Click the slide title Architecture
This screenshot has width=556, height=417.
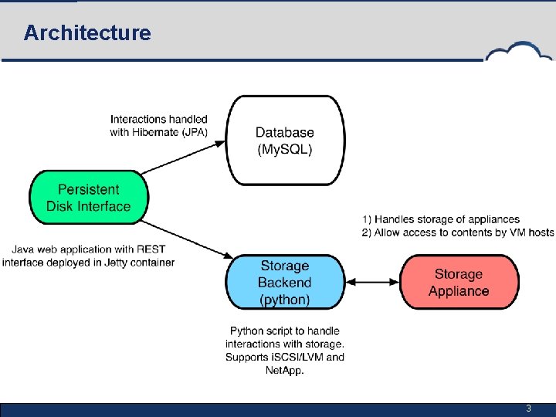[86, 33]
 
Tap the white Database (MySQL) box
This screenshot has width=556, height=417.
[285, 141]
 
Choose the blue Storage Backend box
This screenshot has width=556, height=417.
[285, 282]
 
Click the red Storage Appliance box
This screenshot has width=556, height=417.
[459, 282]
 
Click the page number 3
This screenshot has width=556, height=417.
[528, 409]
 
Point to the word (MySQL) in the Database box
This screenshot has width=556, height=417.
[285, 149]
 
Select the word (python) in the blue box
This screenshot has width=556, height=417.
[285, 300]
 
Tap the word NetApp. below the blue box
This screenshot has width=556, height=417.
[285, 371]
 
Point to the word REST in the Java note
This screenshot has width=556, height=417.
[151, 249]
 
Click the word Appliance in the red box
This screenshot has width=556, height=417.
[459, 291]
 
